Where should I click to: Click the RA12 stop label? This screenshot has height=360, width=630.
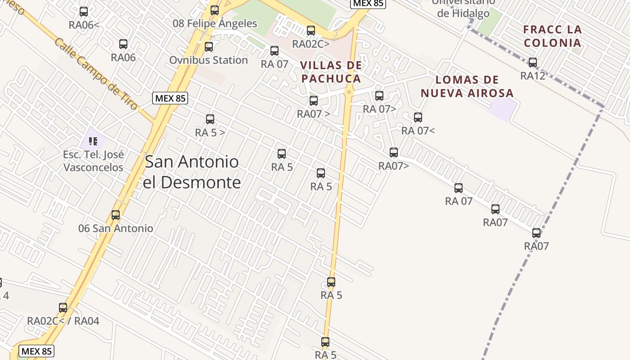point(533,76)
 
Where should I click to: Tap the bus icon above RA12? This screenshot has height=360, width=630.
point(533,63)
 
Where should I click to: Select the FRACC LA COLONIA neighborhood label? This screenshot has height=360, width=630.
point(552,36)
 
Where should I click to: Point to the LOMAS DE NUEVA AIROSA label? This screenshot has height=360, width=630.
point(467,87)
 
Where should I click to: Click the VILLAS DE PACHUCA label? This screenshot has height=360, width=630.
point(331,72)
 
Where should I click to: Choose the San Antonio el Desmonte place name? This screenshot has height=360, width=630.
point(192,172)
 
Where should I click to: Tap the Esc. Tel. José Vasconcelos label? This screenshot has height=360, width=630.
point(93,161)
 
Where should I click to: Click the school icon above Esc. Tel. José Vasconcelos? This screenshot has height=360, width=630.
point(93,141)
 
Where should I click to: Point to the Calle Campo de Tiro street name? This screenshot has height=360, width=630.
point(96,74)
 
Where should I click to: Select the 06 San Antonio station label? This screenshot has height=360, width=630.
point(116,228)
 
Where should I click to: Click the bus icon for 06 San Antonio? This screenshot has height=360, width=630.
point(116,215)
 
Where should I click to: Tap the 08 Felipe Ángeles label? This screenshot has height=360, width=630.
point(215,23)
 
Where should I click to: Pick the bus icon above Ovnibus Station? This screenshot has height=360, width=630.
point(209,47)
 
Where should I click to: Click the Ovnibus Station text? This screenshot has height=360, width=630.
point(208,60)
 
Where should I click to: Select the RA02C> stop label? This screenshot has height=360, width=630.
point(311,44)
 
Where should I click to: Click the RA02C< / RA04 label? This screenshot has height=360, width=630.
point(63,321)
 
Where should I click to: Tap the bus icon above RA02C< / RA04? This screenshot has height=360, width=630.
point(63,308)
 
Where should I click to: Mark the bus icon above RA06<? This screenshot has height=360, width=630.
point(84,12)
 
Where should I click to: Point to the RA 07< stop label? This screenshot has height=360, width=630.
point(418,131)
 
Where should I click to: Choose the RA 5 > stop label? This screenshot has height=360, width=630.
point(210,133)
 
